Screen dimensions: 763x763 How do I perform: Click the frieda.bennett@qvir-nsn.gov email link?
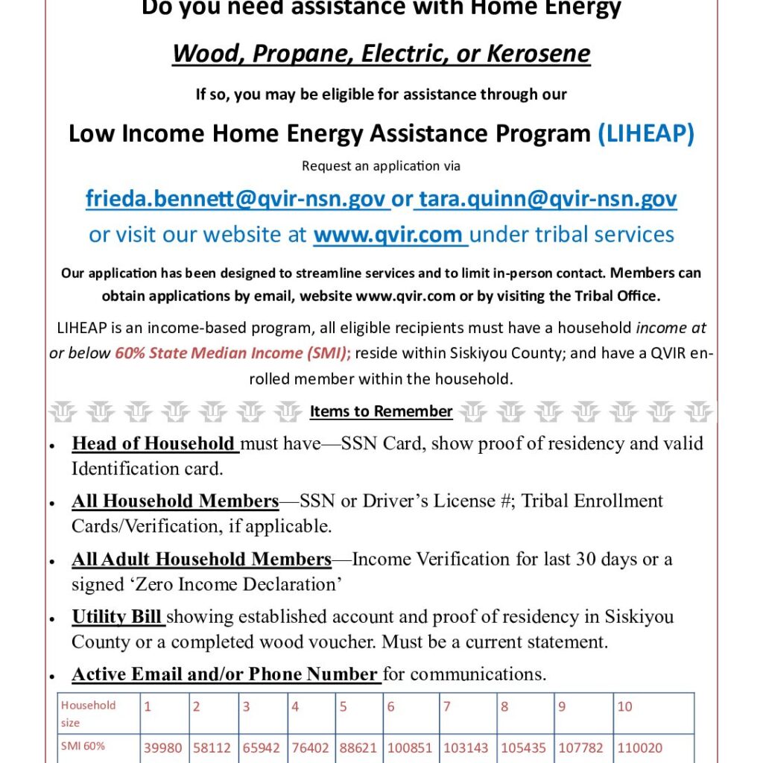[235, 199]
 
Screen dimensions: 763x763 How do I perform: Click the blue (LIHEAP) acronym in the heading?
[646, 133]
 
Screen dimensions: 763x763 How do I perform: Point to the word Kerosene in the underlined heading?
[538, 54]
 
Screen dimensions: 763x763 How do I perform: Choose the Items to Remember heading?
[381, 411]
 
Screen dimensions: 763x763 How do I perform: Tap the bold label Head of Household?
[153, 444]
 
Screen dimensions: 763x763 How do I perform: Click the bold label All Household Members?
[175, 501]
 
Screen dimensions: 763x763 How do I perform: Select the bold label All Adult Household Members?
[201, 559]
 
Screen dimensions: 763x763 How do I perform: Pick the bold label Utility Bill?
[118, 617]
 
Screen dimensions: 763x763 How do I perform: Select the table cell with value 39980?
[162, 747]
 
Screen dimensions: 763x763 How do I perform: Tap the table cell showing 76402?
[310, 747]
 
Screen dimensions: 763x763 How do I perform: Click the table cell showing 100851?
[410, 747]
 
